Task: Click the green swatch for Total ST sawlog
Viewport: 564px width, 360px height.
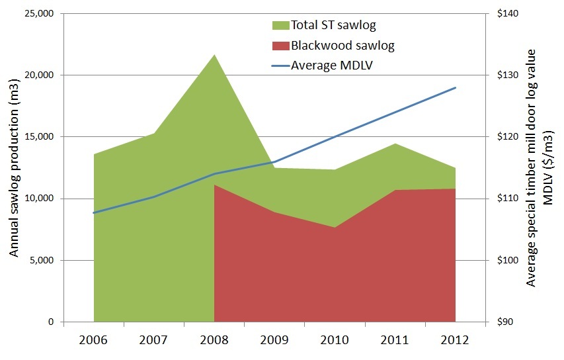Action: click(x=280, y=26)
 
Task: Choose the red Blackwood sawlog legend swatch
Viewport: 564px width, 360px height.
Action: click(x=280, y=46)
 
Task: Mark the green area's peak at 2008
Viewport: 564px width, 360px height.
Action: click(x=214, y=55)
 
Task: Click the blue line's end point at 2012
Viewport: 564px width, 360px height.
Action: click(x=456, y=87)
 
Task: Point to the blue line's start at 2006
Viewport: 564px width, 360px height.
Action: click(x=94, y=212)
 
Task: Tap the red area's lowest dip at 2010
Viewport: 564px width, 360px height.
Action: click(x=335, y=228)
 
